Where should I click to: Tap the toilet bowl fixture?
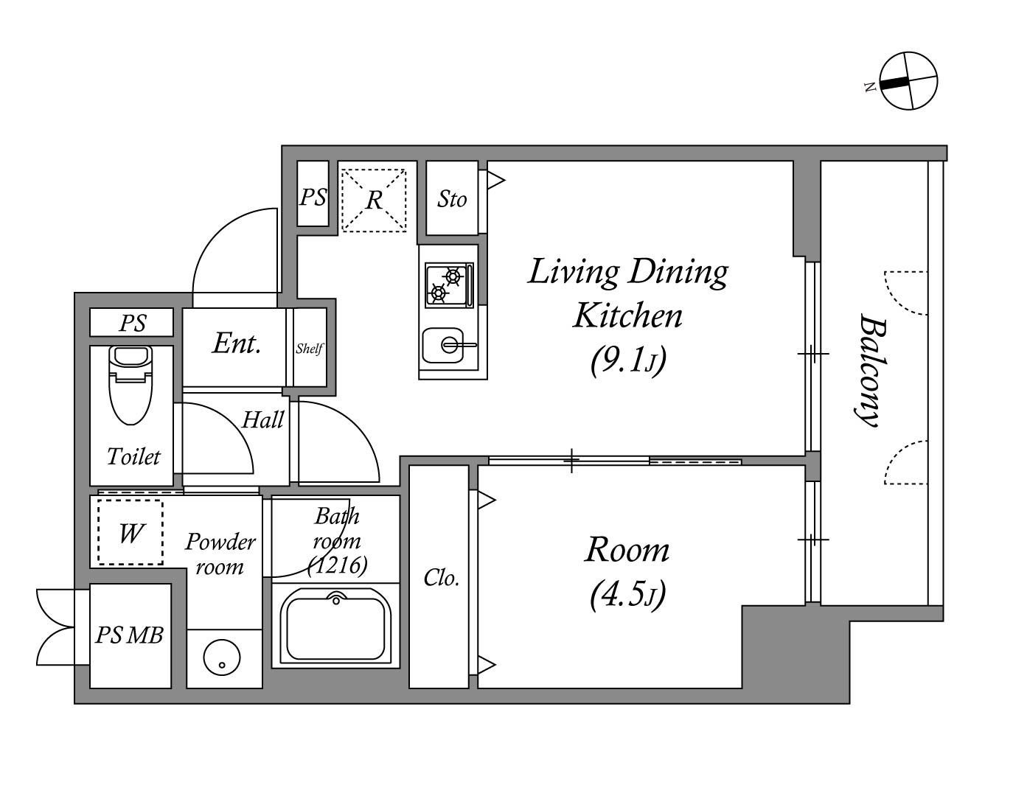click(x=130, y=385)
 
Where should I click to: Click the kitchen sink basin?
click(x=443, y=345)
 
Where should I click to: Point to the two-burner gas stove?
click(x=449, y=285)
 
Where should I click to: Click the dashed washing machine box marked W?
click(x=130, y=532)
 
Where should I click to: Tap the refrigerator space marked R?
click(x=374, y=200)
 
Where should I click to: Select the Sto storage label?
click(x=452, y=200)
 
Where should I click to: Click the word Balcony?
click(x=870, y=371)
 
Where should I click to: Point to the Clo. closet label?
click(x=441, y=578)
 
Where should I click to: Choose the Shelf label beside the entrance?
click(x=309, y=349)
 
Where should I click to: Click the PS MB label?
click(x=129, y=635)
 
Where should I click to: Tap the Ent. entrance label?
click(x=237, y=343)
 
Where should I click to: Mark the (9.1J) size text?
click(x=628, y=361)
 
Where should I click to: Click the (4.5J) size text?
click(x=627, y=594)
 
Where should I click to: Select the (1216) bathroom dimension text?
click(x=338, y=565)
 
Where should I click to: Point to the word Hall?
click(x=263, y=419)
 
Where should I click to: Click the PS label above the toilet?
click(x=133, y=323)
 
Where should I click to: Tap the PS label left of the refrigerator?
click(x=313, y=197)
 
